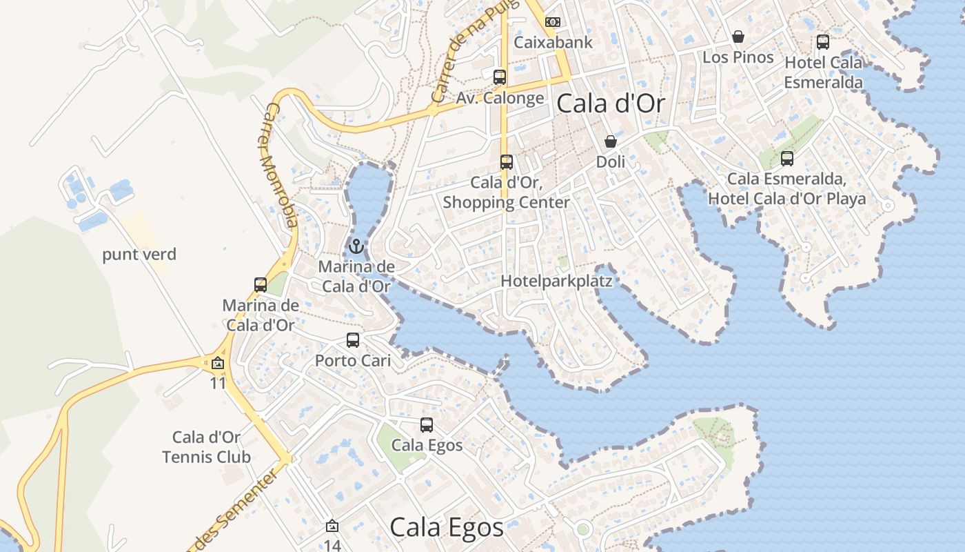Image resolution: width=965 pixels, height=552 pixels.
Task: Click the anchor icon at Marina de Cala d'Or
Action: pyautogui.click(x=356, y=246)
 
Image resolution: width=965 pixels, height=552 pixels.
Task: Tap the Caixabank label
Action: pyautogui.click(x=553, y=42)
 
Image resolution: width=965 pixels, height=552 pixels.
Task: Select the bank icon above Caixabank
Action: pyautogui.click(x=553, y=22)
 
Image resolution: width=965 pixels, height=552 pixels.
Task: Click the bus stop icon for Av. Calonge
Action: pyautogui.click(x=500, y=77)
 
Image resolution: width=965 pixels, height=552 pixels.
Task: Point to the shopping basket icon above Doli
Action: pyautogui.click(x=611, y=141)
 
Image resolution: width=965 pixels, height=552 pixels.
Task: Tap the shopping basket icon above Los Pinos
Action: pyautogui.click(x=738, y=37)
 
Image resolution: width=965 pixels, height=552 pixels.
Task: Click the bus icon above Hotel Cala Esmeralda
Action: pyautogui.click(x=823, y=42)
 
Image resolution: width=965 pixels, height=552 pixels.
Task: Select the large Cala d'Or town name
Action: pyautogui.click(x=610, y=103)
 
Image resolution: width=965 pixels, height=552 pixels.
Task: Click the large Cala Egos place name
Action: pyautogui.click(x=447, y=527)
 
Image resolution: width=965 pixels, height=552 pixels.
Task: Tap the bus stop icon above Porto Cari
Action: pyautogui.click(x=353, y=340)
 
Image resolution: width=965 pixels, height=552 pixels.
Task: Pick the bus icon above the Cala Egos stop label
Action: pyautogui.click(x=427, y=425)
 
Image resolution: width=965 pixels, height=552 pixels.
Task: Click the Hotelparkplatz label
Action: pyautogui.click(x=556, y=281)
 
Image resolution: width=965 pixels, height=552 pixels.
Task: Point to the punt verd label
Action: pyautogui.click(x=139, y=255)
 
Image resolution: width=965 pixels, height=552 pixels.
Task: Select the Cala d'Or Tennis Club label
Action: pyautogui.click(x=206, y=446)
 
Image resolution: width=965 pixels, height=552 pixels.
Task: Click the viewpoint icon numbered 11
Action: pyautogui.click(x=218, y=363)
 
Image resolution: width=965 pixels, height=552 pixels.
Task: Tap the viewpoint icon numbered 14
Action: pyautogui.click(x=332, y=526)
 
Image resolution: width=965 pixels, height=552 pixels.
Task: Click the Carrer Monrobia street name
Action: pyautogui.click(x=281, y=166)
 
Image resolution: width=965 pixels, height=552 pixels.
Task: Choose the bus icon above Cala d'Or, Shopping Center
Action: pyautogui.click(x=507, y=162)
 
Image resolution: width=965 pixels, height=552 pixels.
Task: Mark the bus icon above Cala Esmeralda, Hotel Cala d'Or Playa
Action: pyautogui.click(x=787, y=159)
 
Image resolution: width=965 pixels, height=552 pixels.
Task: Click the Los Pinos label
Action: pyautogui.click(x=738, y=57)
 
